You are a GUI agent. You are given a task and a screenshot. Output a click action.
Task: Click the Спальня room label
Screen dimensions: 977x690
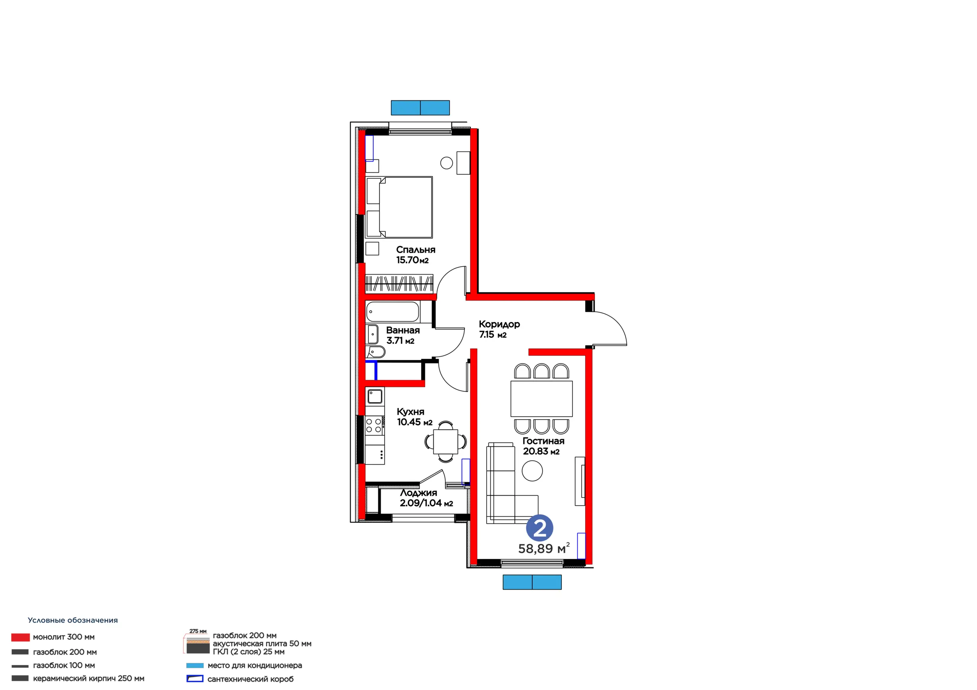point(415,250)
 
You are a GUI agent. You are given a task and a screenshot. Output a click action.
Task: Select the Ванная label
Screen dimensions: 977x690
point(403,330)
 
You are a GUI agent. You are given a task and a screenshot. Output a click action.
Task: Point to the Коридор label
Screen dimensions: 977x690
point(499,324)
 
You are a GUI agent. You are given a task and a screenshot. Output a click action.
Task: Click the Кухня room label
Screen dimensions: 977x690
point(410,412)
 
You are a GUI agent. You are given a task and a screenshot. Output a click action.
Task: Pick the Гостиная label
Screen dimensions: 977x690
point(543,441)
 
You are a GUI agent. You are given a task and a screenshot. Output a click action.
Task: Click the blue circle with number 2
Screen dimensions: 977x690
point(540,528)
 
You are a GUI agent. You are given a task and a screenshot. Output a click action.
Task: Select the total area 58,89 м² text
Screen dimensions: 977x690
point(543,549)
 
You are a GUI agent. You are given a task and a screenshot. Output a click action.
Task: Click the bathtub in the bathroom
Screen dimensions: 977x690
point(392,311)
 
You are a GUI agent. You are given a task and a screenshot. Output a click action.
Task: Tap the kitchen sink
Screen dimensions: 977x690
point(375,396)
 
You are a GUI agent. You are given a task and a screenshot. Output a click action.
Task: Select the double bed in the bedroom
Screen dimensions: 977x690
point(399,207)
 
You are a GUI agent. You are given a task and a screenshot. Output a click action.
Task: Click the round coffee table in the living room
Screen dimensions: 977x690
point(532,471)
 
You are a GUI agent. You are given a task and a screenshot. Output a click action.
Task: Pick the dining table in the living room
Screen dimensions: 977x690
point(541,398)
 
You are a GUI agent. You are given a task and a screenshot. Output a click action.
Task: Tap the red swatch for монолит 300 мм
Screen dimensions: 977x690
point(21,637)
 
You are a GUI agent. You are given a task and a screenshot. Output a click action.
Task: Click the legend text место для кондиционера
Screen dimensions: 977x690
point(255,665)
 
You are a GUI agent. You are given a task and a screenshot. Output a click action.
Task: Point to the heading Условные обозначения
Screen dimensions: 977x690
point(73,620)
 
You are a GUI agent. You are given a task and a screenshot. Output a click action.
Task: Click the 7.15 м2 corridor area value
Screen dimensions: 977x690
point(493,335)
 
